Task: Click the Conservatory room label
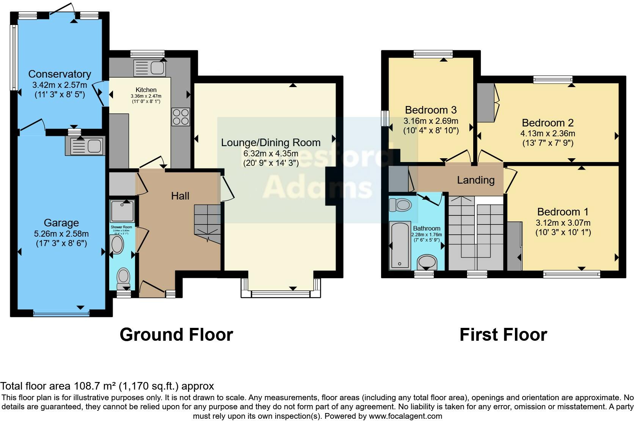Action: pos(60,74)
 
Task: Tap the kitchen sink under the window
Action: pos(149,68)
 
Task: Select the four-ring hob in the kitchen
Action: pos(180,117)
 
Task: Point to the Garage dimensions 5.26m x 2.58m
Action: pos(61,234)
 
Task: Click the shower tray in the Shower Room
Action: pos(122,211)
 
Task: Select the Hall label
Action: pos(180,196)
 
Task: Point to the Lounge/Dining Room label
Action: pos(271,143)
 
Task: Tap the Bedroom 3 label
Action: pos(431,110)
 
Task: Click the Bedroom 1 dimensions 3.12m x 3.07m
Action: pos(563,223)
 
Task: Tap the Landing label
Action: pos(475,180)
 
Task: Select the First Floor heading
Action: pos(503,335)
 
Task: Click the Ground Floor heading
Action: pos(176,335)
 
